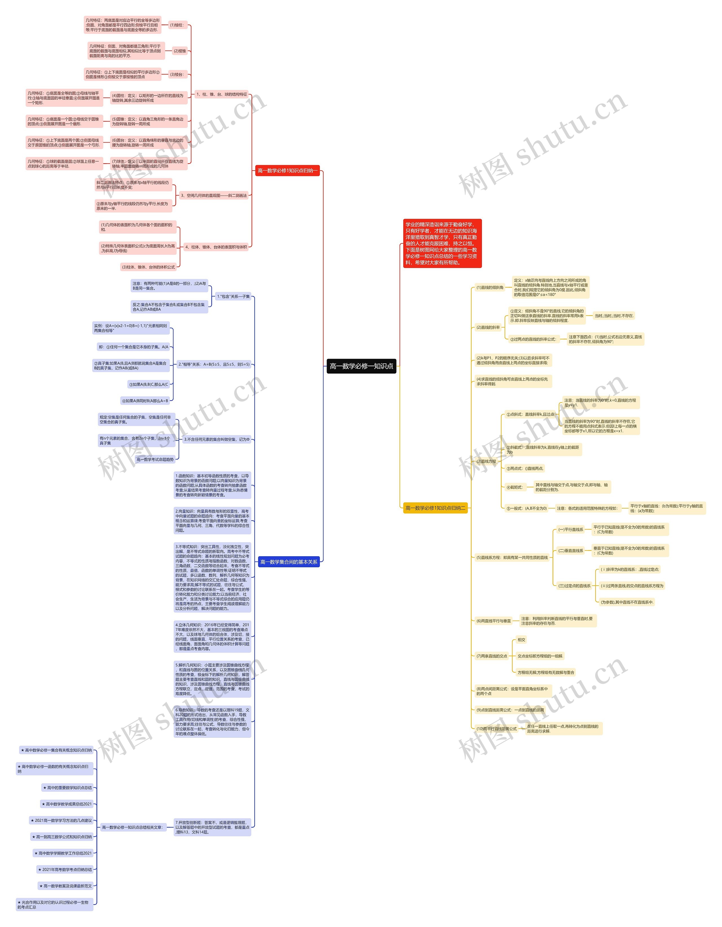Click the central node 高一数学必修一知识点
(361, 366)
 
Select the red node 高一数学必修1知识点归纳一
(287, 171)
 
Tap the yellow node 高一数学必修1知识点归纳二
(435, 508)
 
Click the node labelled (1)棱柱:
(177, 25)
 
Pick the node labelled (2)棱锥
(180, 51)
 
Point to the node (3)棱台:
(177, 75)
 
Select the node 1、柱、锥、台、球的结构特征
(221, 95)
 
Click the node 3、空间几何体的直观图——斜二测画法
(214, 196)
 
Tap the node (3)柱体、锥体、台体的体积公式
(148, 267)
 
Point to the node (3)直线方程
(486, 461)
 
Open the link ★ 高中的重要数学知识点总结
(67, 788)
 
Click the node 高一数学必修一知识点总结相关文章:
(132, 827)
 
